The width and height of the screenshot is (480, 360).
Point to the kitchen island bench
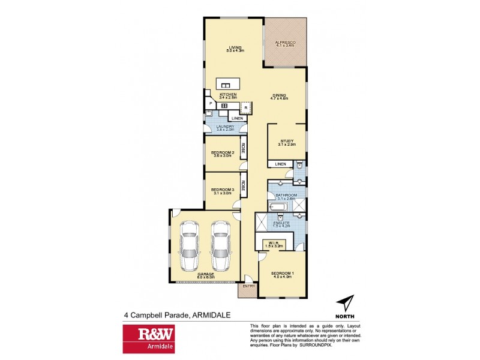point(229,84)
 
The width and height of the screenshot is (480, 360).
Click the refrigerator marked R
point(245,108)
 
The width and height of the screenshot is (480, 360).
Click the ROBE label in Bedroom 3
point(243,185)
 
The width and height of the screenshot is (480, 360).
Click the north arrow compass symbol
point(344,304)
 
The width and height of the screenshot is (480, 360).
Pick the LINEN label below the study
point(280,164)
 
